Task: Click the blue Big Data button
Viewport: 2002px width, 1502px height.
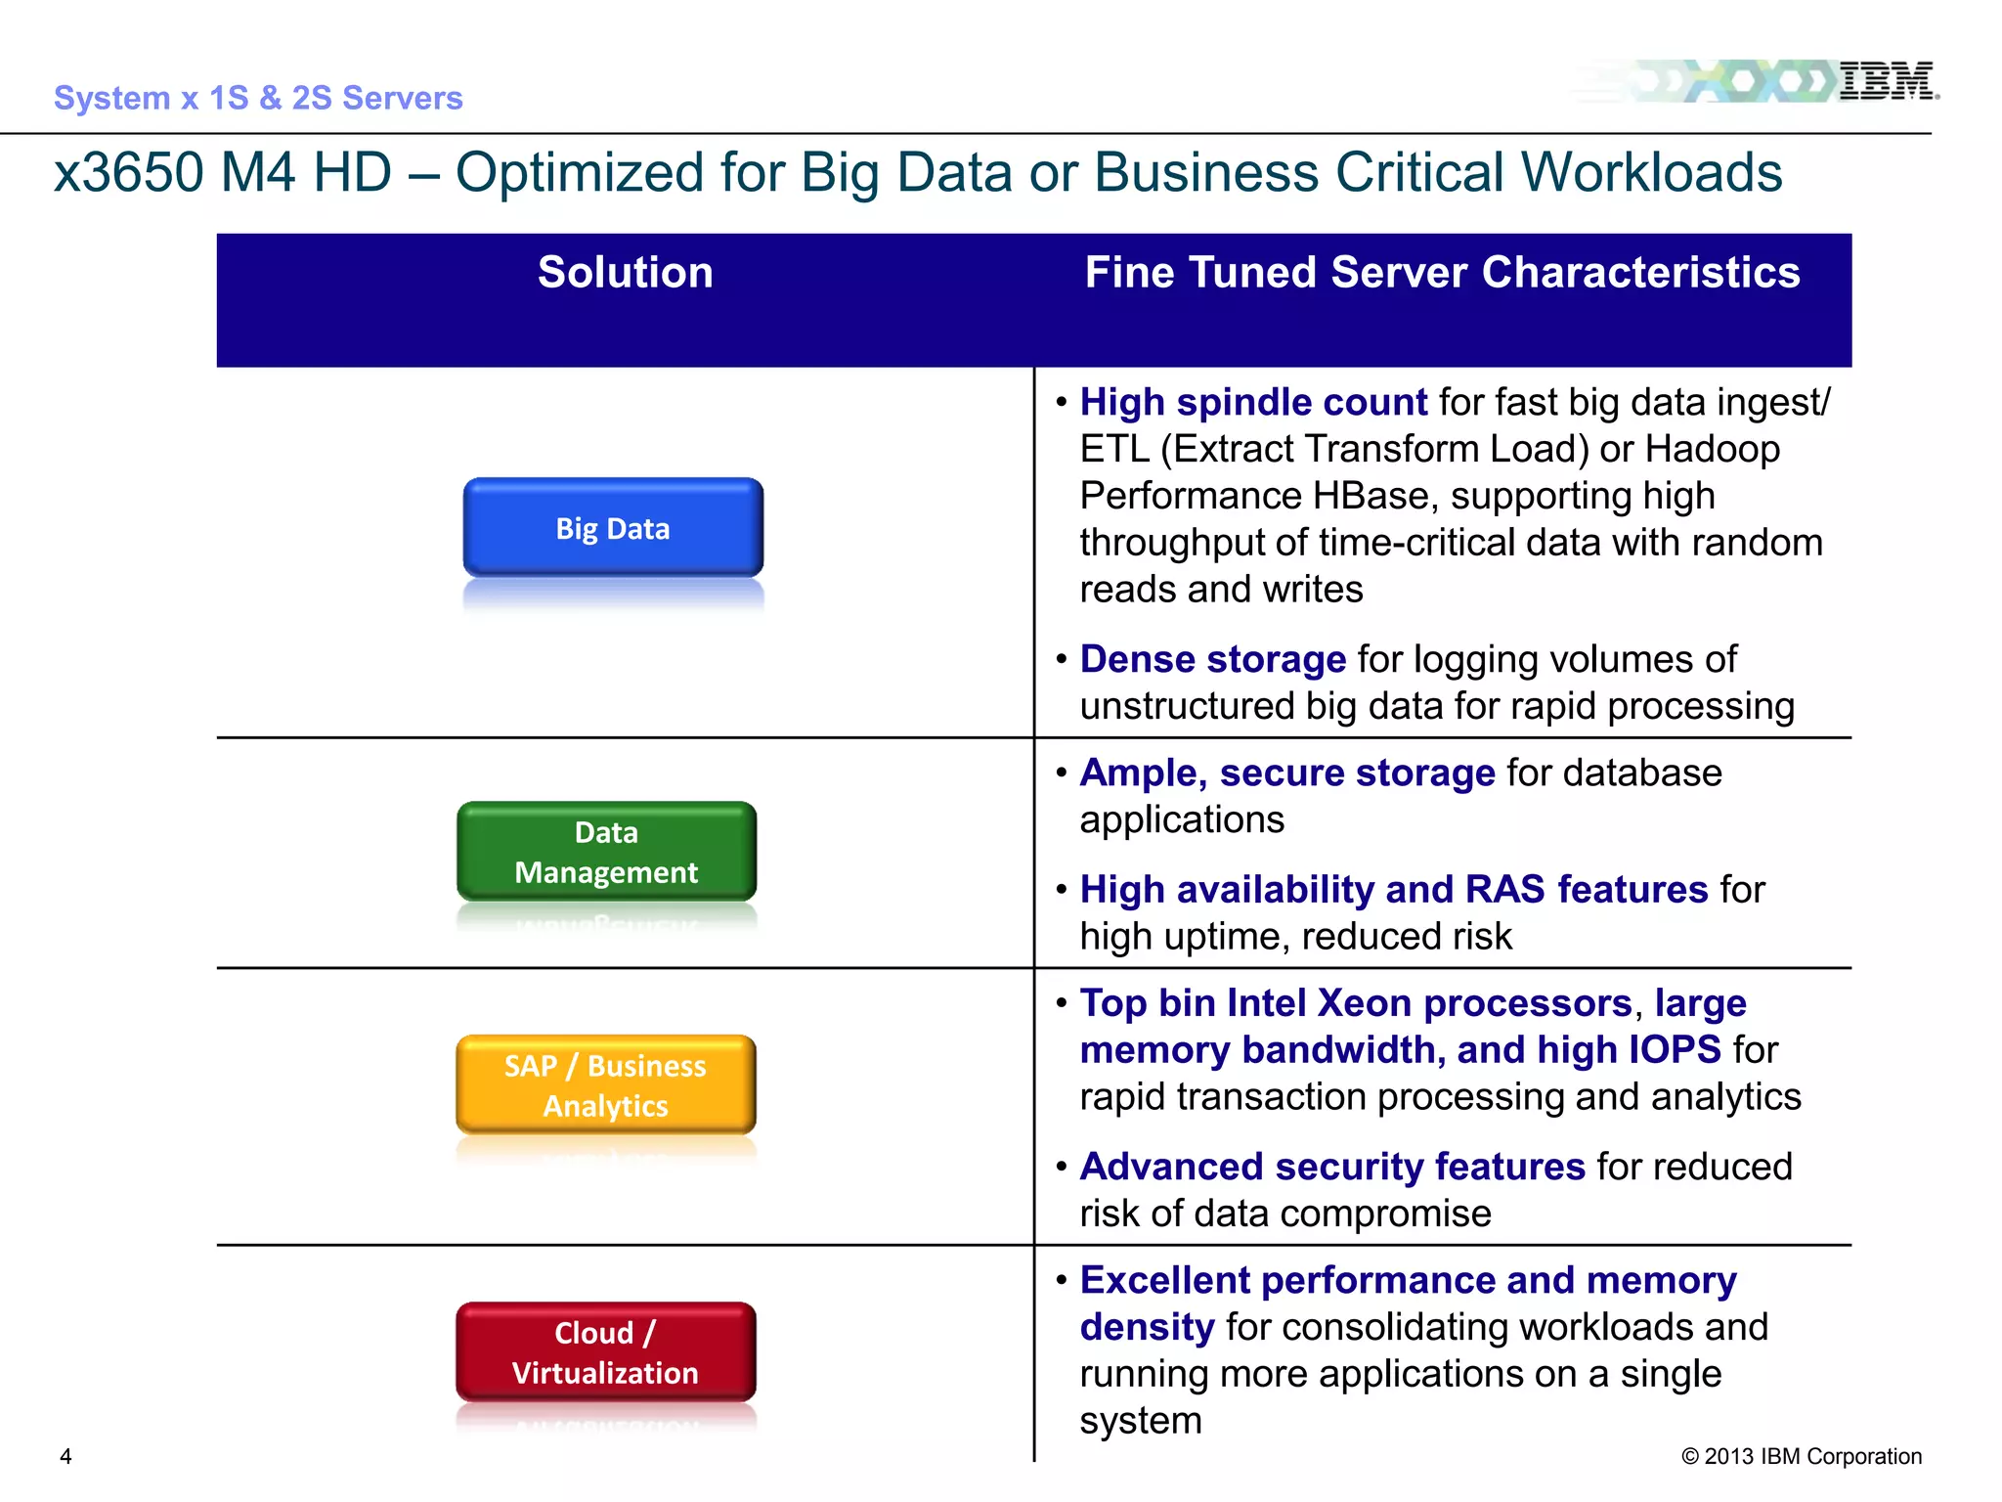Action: click(x=613, y=528)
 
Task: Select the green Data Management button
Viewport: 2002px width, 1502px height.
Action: click(x=606, y=852)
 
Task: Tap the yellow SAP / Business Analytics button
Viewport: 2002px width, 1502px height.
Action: click(x=605, y=1085)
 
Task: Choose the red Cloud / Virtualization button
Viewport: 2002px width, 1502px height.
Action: click(x=605, y=1352)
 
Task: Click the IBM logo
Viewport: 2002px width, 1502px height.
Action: click(x=1886, y=81)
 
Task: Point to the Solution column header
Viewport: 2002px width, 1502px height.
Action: click(x=625, y=273)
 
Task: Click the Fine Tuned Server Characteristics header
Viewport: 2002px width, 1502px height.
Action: click(x=1442, y=273)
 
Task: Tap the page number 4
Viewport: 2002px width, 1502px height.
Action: click(x=65, y=1456)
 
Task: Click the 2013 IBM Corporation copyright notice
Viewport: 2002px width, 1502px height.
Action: click(x=1801, y=1456)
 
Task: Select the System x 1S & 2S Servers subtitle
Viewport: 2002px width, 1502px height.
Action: click(x=258, y=98)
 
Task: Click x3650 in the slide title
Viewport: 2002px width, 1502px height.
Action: click(x=128, y=173)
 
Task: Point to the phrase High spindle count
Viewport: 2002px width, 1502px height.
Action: click(x=1253, y=403)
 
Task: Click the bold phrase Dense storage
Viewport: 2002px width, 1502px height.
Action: click(x=1212, y=660)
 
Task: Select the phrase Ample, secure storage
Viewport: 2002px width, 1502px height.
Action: click(x=1286, y=773)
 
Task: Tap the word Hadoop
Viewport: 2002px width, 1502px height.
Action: click(x=1713, y=450)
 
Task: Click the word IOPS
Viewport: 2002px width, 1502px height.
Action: click(x=1674, y=1050)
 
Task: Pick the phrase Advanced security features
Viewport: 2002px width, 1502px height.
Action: click(x=1331, y=1168)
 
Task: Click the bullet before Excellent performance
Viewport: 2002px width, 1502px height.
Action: click(x=1062, y=1279)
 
